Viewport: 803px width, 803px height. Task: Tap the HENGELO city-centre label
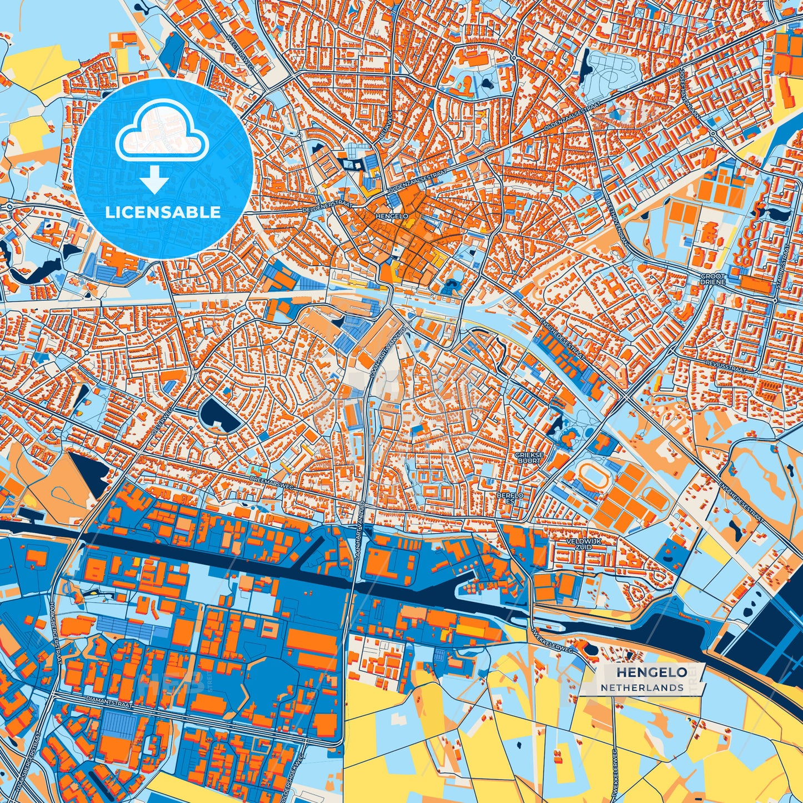(x=392, y=216)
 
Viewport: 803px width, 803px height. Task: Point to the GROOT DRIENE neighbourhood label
(x=713, y=279)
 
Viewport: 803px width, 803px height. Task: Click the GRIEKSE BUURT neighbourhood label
(x=528, y=457)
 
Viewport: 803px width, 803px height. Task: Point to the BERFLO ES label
(x=510, y=497)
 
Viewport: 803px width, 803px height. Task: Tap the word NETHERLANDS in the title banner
(x=642, y=687)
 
